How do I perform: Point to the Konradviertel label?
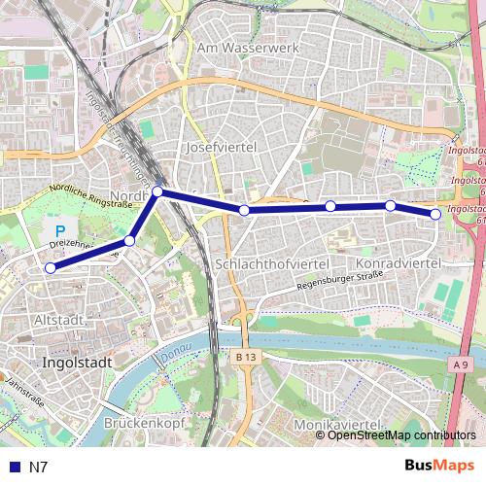pyautogui.click(x=399, y=263)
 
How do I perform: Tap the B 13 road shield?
pyautogui.click(x=246, y=359)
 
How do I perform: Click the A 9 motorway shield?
pyautogui.click(x=460, y=364)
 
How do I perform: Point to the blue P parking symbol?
pyautogui.click(x=58, y=231)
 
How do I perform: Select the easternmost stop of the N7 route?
pyautogui.click(x=435, y=214)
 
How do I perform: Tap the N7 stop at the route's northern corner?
pyautogui.click(x=157, y=192)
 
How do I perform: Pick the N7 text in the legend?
pyautogui.click(x=38, y=467)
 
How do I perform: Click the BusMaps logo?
pyautogui.click(x=440, y=466)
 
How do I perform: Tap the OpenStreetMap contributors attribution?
pyautogui.click(x=401, y=435)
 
